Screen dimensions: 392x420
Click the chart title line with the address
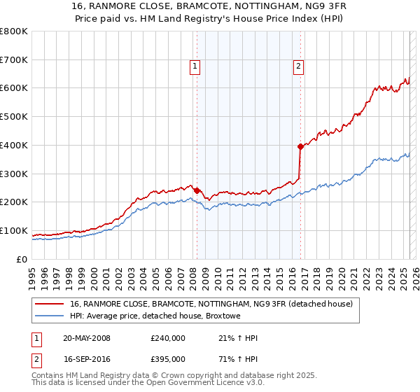click(x=209, y=8)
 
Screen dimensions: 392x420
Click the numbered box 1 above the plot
click(x=195, y=66)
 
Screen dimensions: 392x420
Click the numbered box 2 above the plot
click(x=298, y=66)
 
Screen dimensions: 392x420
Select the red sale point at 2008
click(x=197, y=190)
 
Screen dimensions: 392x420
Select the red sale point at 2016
click(x=300, y=146)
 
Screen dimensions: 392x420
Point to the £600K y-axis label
click(x=14, y=88)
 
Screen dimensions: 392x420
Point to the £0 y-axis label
click(x=21, y=259)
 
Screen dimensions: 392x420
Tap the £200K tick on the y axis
click(x=14, y=202)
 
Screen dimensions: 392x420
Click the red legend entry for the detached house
click(x=215, y=304)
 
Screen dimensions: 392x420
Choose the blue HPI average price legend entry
click(x=155, y=316)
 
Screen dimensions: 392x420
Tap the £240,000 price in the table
click(x=168, y=338)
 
